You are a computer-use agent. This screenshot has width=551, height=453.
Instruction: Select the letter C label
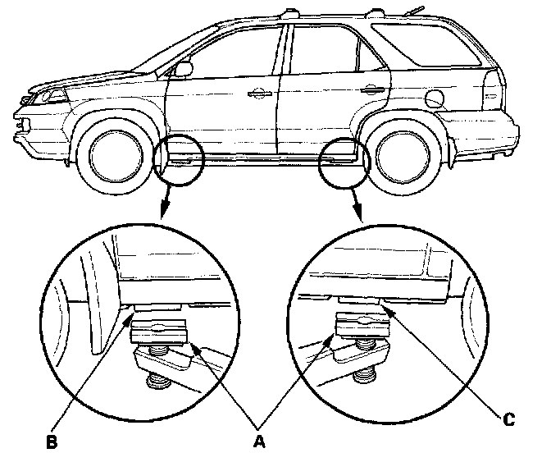click(508, 419)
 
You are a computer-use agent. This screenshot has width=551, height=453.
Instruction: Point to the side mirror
click(183, 69)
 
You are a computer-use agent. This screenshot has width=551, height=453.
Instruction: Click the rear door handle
click(376, 90)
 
